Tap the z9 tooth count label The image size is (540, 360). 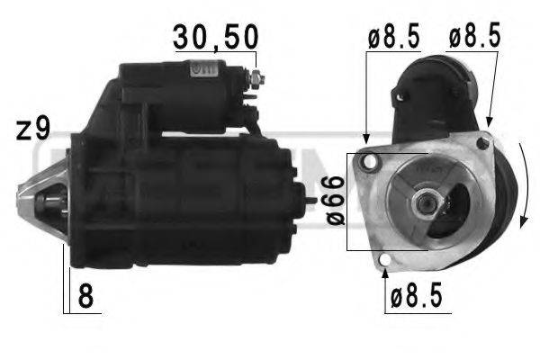pos(34,130)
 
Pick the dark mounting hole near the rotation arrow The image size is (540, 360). pos(484,142)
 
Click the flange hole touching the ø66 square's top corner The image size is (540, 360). pos(366,162)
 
